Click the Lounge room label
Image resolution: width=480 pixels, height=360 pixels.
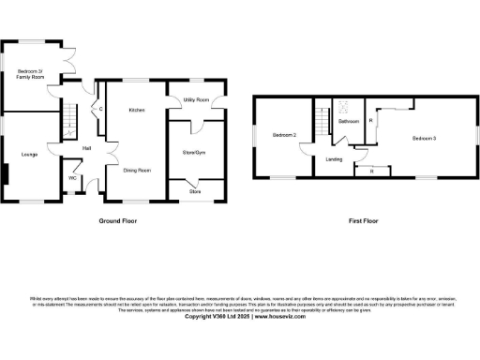pos(29,154)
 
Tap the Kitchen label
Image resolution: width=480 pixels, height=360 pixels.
pos(136,110)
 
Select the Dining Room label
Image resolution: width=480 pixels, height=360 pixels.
pos(137,170)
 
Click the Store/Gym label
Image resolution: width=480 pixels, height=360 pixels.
pos(194,151)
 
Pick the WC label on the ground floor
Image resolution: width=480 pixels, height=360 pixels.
pos(72,177)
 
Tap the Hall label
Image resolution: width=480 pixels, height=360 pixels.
pos(86,149)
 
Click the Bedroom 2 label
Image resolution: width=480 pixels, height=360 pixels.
pos(284,136)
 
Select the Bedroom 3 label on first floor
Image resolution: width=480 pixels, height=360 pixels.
pos(424,139)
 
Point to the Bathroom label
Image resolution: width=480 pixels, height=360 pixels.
pos(349,122)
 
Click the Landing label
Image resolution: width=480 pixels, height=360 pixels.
pos(334,159)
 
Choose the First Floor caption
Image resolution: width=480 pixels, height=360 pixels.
pos(362,221)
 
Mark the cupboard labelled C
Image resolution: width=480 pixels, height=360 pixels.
pos(100,110)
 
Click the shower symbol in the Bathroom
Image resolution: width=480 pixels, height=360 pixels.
pos(343,105)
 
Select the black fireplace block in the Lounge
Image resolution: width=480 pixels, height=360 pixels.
pos(4,174)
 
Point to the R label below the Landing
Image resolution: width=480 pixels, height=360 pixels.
pos(372,171)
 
